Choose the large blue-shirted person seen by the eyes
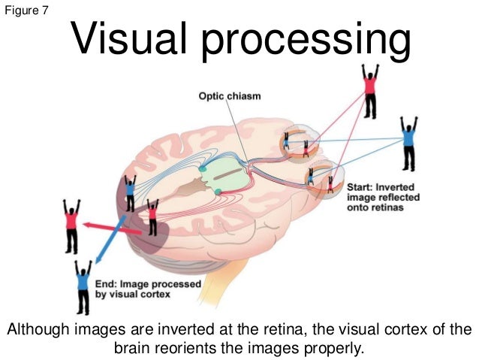click(408, 143)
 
